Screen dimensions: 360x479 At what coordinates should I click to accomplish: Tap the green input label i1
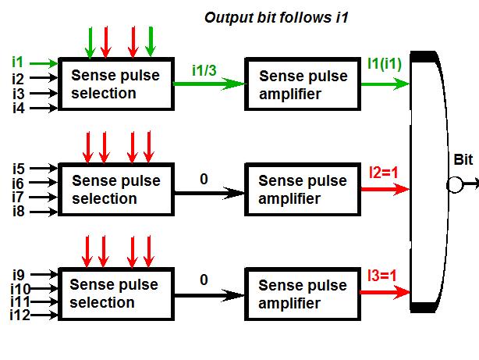click(x=18, y=61)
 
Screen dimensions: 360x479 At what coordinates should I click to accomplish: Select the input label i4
click(x=19, y=108)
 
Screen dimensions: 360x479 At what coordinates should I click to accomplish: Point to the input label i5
click(x=19, y=167)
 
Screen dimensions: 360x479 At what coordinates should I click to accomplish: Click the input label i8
click(x=19, y=211)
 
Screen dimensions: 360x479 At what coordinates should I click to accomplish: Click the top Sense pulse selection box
click(x=115, y=84)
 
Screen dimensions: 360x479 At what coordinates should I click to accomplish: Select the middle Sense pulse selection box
click(x=115, y=189)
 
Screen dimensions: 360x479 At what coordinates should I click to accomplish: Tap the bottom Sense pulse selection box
click(x=115, y=294)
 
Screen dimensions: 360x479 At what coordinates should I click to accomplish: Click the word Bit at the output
click(x=463, y=160)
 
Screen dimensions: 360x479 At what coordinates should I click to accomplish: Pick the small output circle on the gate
click(x=454, y=185)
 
